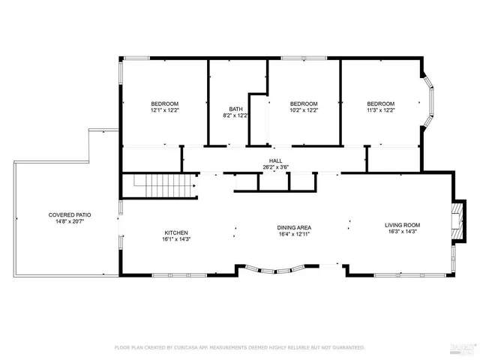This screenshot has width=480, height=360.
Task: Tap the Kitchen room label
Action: [176, 232]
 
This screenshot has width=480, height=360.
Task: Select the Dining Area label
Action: [294, 227]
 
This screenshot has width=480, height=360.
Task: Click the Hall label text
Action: [276, 160]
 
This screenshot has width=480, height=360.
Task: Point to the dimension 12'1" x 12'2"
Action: [164, 110]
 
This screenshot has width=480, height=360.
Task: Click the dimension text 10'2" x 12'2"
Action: [304, 110]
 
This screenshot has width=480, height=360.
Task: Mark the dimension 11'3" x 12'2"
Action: [380, 110]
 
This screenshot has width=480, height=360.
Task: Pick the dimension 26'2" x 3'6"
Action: [276, 167]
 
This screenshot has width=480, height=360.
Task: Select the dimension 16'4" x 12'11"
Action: [294, 234]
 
